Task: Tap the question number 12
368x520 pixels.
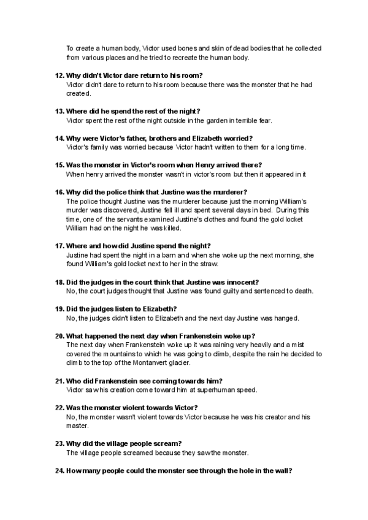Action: coord(59,75)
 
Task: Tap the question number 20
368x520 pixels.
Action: coord(59,335)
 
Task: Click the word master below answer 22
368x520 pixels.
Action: coord(77,426)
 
